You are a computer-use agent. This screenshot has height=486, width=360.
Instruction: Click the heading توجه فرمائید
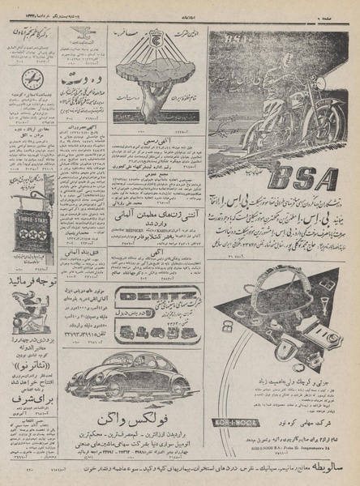click(33, 283)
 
